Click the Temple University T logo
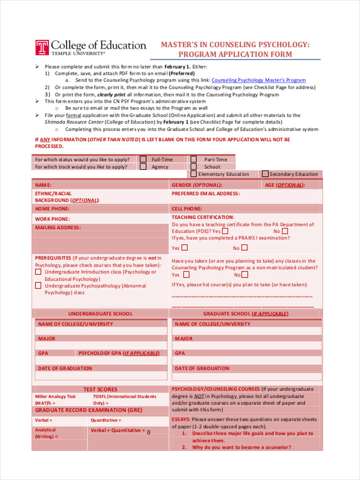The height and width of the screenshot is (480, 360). tap(42, 47)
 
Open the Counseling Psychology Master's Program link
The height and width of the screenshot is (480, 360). tap(258, 80)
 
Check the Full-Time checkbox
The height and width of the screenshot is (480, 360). tap(143, 159)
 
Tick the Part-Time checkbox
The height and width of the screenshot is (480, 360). tap(194, 159)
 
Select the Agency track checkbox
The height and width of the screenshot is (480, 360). tap(143, 167)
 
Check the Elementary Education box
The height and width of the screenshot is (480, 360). tap(194, 174)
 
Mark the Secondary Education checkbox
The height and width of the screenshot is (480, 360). tap(265, 174)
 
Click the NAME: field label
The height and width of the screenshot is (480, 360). tap(43, 185)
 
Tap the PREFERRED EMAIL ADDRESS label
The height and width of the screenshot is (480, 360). tap(206, 194)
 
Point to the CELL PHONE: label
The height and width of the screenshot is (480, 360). tap(187, 209)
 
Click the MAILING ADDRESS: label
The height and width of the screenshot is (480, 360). tap(58, 228)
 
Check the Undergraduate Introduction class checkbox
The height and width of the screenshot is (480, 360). tap(38, 272)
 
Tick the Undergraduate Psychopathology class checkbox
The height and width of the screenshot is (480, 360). tap(38, 286)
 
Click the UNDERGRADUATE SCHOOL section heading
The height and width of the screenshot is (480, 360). tap(100, 314)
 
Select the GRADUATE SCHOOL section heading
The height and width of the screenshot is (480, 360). tap(245, 314)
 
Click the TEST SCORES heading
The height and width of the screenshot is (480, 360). tap(100, 389)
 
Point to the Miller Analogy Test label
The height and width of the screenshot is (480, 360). tap(55, 396)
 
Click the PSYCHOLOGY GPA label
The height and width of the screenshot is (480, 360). tap(119, 354)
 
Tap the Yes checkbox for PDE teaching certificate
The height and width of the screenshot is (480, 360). tap(225, 231)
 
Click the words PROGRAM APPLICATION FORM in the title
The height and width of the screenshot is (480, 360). tap(235, 54)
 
